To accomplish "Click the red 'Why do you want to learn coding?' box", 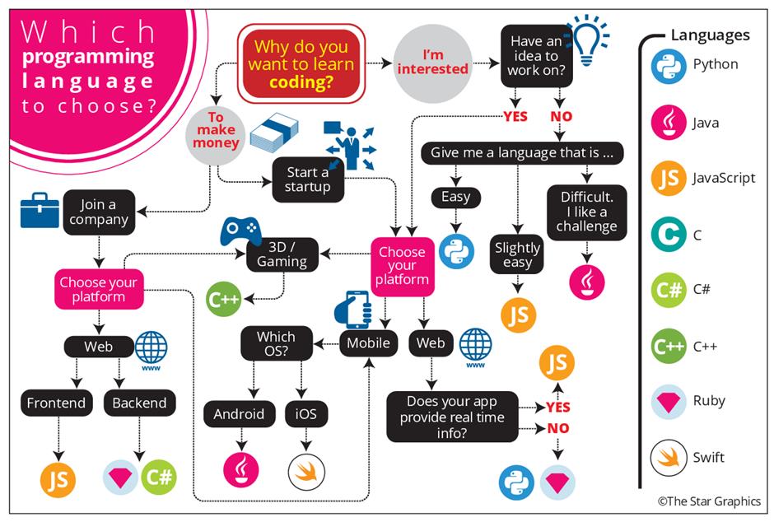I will click(x=301, y=61).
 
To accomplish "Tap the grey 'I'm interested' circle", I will click(x=432, y=62).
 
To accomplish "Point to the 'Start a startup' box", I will click(x=307, y=179).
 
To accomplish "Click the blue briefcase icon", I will click(x=40, y=212).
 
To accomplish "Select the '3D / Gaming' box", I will click(x=282, y=254).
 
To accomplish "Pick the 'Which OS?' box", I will click(x=276, y=343).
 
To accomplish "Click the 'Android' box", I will click(x=240, y=412).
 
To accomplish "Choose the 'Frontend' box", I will click(x=56, y=403).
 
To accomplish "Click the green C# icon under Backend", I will click(x=157, y=477).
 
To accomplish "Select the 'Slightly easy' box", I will click(x=517, y=255).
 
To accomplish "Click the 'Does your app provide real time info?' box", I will click(x=453, y=417).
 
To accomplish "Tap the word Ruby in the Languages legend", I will click(x=709, y=401).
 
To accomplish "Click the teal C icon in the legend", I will click(x=668, y=235).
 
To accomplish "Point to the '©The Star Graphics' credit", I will click(x=709, y=501).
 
